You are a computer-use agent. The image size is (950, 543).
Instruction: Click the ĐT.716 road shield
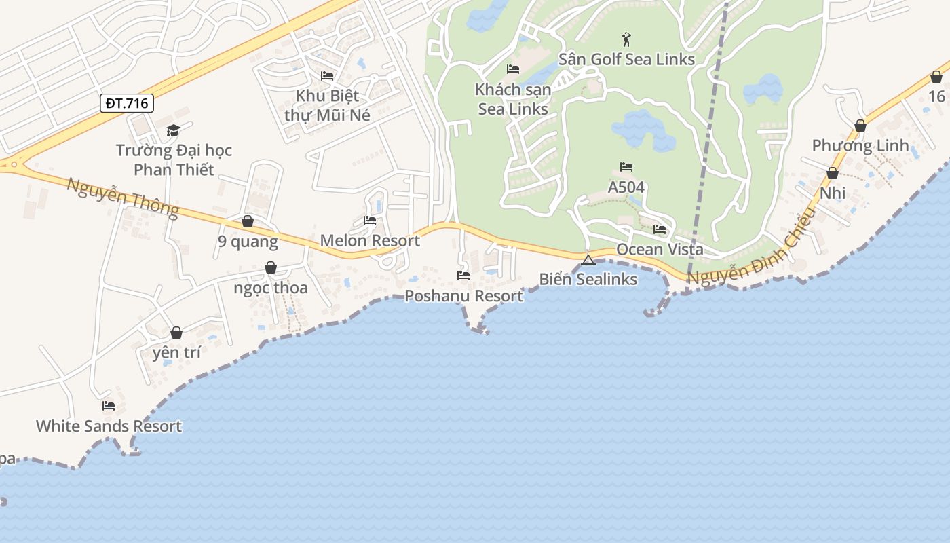pos(127,103)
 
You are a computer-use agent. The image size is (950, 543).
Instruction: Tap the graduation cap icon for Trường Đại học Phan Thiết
pos(174,130)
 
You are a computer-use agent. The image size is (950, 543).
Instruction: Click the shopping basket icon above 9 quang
pos(248,221)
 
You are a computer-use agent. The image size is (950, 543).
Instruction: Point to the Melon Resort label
pos(370,240)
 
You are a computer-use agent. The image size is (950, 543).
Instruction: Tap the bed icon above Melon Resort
pos(370,220)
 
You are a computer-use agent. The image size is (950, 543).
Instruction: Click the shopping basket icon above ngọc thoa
pos(271,267)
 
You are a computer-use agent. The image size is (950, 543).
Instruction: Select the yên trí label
pos(176,352)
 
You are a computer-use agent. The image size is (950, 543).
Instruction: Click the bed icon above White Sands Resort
pos(109,406)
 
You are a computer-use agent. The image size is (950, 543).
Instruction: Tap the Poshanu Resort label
pos(464,296)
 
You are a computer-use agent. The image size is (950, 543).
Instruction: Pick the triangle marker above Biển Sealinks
pos(588,259)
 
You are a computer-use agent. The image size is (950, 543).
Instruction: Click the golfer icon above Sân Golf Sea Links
pos(626,39)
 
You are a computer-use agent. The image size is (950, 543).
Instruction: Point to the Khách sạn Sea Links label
pos(513,99)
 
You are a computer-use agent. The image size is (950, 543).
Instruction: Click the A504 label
pos(626,187)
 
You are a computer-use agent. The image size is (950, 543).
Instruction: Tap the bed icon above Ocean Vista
pos(660,229)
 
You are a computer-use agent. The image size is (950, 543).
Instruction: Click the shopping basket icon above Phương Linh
pos(860,126)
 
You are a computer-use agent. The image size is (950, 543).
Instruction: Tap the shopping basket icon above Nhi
pos(833,173)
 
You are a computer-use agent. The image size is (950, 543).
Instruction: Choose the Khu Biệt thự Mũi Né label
pos(327,105)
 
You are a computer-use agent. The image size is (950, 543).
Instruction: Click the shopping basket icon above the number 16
pos(936,77)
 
